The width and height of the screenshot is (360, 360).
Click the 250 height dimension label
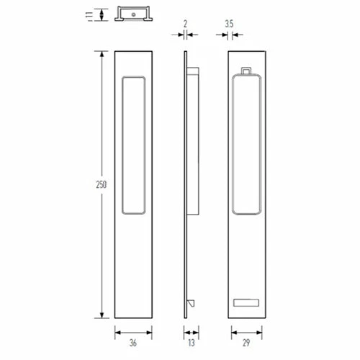101,185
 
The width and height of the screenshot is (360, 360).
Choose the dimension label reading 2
185,23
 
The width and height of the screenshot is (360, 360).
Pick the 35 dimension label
228,23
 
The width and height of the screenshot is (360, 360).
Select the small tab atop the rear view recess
247,71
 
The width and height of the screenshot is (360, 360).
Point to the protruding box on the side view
193,145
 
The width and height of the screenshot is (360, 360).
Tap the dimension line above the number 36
134,332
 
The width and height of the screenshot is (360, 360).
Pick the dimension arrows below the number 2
185,33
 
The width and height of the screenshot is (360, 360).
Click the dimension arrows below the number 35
230,33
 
